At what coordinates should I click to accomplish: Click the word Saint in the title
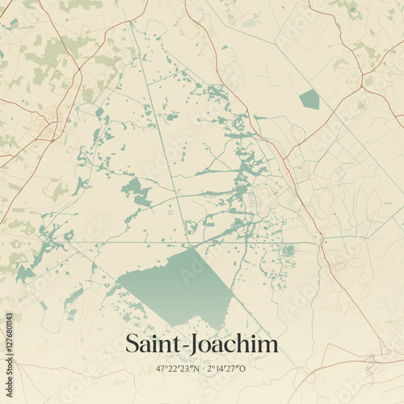pos(154,345)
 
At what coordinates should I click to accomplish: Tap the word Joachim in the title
pos(235,345)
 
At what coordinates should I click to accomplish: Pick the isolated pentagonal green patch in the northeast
pos(309,99)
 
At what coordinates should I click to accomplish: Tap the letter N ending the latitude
pos(195,368)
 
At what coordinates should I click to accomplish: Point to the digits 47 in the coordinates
pos(161,368)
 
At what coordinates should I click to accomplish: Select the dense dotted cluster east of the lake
pos(288,251)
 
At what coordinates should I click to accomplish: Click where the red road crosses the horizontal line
pos(321,242)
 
